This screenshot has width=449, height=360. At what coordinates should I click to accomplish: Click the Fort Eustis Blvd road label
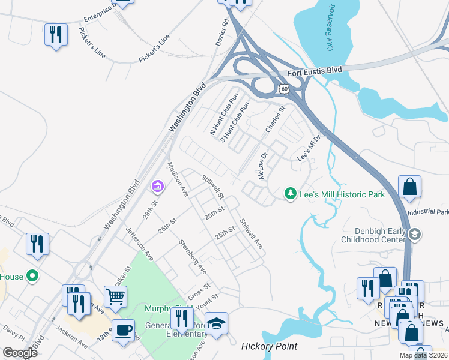click(x=315, y=71)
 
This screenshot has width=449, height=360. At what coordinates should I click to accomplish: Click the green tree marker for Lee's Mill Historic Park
click(x=291, y=194)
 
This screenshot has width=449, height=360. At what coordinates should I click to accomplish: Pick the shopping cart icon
click(x=115, y=295)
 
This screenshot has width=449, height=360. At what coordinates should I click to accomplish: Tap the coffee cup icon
click(x=124, y=330)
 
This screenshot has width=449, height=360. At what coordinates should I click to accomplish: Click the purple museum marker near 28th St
click(x=158, y=187)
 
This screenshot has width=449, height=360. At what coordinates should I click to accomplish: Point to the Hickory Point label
click(x=269, y=346)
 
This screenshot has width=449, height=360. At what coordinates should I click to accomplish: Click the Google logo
click(x=20, y=352)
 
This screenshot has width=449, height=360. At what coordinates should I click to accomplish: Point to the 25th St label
click(x=224, y=232)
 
